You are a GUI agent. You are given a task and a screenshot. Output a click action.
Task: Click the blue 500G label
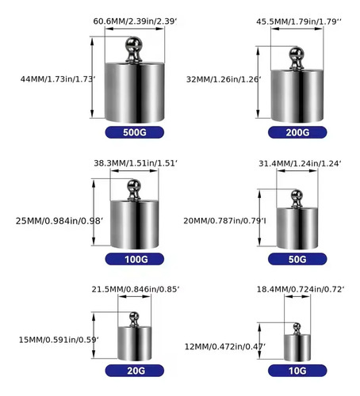point(135,132)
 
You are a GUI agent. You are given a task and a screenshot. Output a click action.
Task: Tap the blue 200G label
point(297,132)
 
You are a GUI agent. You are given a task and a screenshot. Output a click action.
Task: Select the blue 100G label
point(135,259)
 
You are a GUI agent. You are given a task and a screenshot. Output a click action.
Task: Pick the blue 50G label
point(297,259)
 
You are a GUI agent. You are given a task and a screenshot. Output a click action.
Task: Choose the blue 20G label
point(135,371)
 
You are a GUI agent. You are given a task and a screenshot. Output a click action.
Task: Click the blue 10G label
point(297,371)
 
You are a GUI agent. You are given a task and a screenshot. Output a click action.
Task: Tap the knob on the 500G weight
point(134,50)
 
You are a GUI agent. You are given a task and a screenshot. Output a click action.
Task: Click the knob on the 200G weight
point(297,58)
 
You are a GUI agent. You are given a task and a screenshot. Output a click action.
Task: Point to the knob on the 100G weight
point(134,189)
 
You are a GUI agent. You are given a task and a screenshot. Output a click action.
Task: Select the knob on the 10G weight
point(297,329)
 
